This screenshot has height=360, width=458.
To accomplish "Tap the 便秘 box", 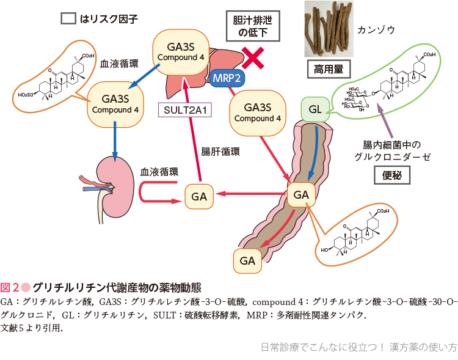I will (391, 175).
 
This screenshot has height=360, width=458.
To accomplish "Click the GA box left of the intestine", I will (199, 197).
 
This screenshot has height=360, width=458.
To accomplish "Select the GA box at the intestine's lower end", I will (247, 261).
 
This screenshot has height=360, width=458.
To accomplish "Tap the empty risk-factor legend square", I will (68, 18).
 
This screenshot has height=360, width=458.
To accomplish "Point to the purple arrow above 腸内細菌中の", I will (383, 119).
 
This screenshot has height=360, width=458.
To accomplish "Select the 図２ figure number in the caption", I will (10, 287).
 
